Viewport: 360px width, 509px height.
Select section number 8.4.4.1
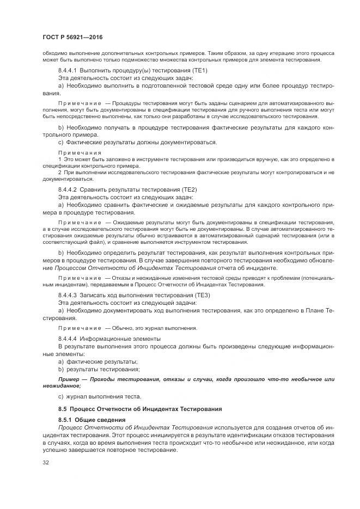68,71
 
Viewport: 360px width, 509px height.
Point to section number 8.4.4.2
68,189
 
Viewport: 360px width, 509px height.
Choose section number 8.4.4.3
68,295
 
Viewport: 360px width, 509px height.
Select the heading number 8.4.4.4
68,338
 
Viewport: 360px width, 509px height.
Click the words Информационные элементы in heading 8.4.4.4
122,338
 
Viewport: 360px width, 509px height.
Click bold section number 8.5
63,408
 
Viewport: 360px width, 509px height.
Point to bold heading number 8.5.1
65,420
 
